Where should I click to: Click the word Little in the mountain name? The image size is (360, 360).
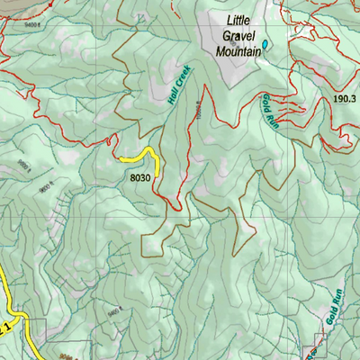click(x=241, y=22)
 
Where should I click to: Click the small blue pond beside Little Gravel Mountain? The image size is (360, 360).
click(x=266, y=42)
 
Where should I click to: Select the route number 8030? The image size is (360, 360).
click(x=139, y=178)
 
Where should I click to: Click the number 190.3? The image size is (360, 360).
click(x=345, y=100)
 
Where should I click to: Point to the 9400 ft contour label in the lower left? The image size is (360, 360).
click(x=113, y=310)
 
